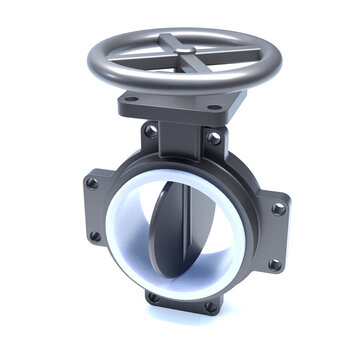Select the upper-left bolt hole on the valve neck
pos(150,130)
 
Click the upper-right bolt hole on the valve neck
pos(212,137)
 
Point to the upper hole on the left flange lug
pos(92,183)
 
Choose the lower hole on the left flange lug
pos(95,236)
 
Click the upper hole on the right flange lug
pos(279,209)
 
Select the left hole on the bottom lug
pos(153,296)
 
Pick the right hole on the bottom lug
pos(209,307)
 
